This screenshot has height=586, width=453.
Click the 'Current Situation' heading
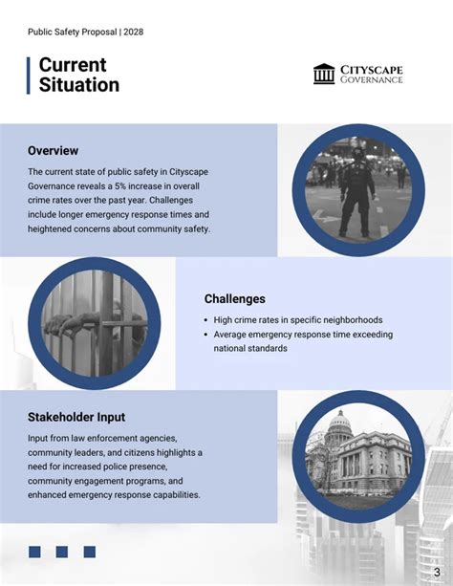[x=78, y=75]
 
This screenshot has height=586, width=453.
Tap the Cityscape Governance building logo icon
[x=324, y=74]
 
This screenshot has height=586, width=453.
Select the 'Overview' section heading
[x=53, y=151]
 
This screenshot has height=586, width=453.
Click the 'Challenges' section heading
[x=235, y=299]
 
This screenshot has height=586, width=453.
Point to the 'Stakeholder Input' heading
[x=76, y=418]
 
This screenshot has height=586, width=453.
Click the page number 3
[x=436, y=559]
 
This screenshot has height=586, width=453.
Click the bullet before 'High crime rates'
[x=206, y=320]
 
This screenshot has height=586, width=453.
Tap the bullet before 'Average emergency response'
[x=206, y=335]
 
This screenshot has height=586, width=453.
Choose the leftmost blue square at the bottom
[x=34, y=552]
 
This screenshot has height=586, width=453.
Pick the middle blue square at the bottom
[x=62, y=552]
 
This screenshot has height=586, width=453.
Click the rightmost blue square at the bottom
[x=90, y=552]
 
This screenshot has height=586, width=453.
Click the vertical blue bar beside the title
[x=30, y=75]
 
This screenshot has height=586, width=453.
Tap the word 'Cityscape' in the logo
[x=372, y=69]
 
